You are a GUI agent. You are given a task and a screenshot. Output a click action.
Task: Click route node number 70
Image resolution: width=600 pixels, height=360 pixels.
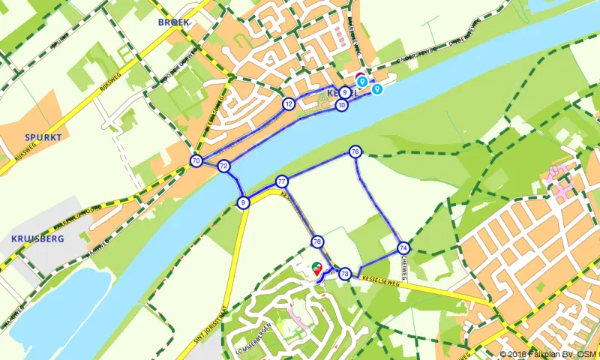(196, 160)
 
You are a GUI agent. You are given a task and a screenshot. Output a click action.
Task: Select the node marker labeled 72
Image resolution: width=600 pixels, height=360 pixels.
(223, 166)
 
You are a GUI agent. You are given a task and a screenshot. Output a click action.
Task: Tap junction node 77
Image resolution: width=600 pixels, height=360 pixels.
(282, 181)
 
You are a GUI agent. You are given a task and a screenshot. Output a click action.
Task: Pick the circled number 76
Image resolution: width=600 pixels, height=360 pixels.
(355, 152)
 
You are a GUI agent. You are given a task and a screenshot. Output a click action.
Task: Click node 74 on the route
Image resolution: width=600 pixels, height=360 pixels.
(403, 247)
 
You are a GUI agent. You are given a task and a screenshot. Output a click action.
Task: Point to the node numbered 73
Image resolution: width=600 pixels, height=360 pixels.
(345, 274)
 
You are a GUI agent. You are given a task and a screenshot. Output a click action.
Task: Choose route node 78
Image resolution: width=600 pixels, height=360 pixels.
(317, 241)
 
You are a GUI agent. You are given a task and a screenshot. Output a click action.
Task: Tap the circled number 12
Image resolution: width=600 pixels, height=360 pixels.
(289, 103)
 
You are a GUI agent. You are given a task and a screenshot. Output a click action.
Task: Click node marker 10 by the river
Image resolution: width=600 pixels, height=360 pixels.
(342, 106)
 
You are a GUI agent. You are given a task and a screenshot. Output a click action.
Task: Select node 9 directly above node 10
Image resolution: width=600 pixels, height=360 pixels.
(344, 92)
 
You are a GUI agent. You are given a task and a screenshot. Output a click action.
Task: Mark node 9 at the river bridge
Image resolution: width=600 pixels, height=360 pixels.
(243, 202)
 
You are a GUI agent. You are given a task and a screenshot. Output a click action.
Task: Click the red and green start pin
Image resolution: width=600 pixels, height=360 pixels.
(316, 268)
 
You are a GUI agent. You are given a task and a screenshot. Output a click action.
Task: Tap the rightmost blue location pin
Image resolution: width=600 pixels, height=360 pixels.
(377, 89)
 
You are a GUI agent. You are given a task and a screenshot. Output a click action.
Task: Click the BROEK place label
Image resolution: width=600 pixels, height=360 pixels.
(174, 22)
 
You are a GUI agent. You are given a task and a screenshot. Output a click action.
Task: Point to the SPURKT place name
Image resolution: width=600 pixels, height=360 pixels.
(42, 137)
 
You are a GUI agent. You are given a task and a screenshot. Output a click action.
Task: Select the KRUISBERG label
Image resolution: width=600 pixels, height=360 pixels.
(37, 238)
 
